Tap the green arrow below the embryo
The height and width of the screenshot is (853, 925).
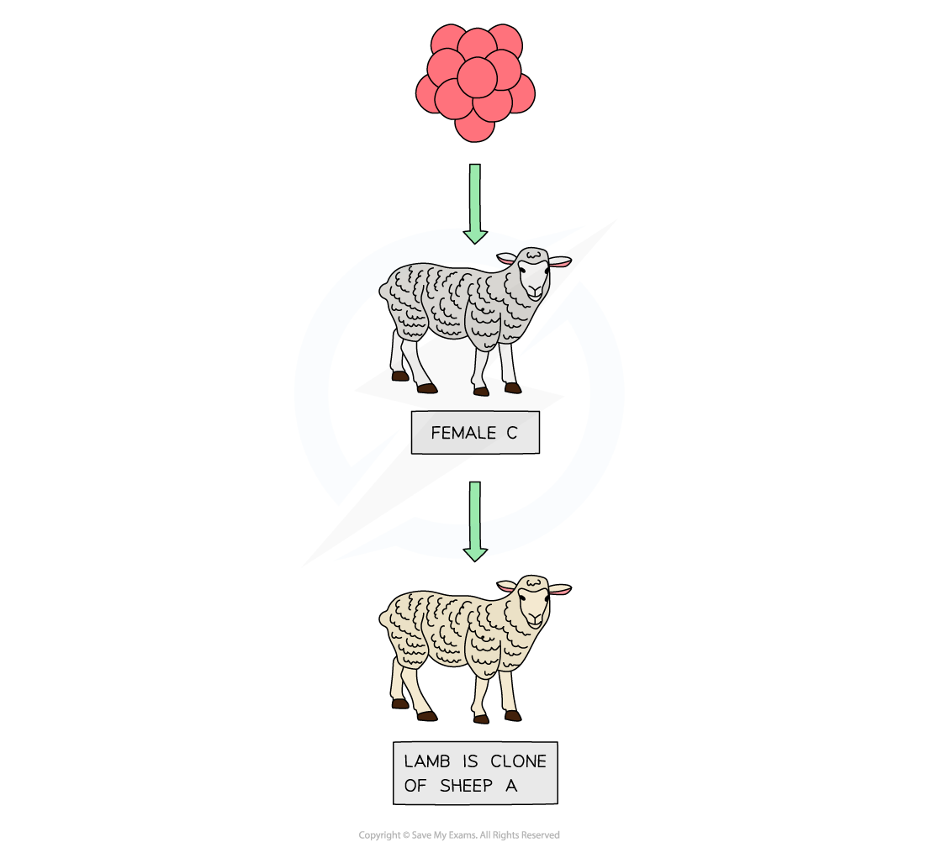coord(475,202)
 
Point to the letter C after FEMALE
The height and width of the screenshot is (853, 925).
coord(511,434)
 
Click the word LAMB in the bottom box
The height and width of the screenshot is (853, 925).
coord(427,761)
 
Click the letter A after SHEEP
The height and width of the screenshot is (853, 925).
coord(511,787)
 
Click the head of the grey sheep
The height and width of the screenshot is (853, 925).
coord(531,272)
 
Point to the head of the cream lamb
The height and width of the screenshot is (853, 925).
coord(531,600)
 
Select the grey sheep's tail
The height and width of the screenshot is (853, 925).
coord(385,292)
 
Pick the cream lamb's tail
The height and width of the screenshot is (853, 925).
coord(385,620)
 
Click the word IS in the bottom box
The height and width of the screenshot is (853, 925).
coord(471,761)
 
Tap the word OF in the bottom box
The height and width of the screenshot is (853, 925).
coord(415,787)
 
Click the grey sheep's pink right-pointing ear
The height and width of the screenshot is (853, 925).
coord(560,261)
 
